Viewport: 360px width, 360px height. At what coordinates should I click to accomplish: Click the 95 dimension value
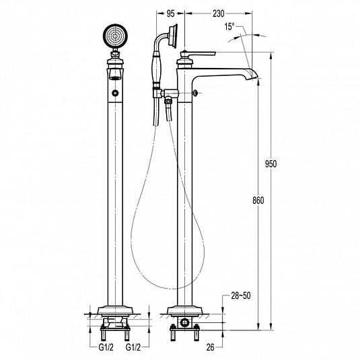tap(170, 13)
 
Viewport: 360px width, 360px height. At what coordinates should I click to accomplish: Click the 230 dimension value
tap(218, 13)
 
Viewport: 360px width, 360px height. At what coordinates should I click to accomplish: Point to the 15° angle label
tap(229, 27)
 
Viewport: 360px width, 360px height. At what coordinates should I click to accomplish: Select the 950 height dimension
tap(271, 164)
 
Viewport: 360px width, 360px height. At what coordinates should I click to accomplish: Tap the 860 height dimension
tap(258, 201)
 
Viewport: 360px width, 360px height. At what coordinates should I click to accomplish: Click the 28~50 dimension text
tap(241, 295)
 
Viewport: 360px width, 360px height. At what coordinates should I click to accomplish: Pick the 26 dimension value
tap(210, 347)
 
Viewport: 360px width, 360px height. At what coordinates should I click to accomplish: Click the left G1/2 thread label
tap(106, 348)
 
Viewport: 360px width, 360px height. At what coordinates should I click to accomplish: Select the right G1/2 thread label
tap(133, 348)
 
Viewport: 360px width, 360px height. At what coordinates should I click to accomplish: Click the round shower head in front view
tap(115, 36)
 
